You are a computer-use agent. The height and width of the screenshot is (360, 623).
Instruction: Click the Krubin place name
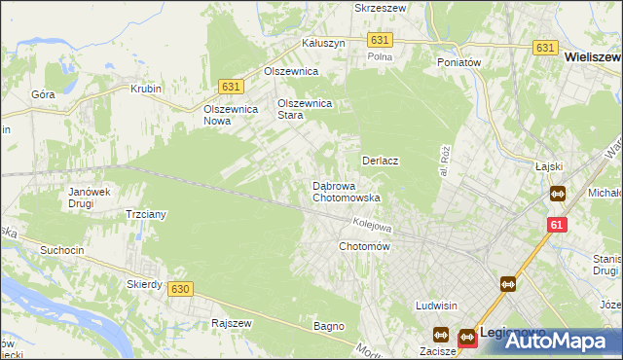point(145,89)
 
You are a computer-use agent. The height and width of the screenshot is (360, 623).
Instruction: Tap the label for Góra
point(43,94)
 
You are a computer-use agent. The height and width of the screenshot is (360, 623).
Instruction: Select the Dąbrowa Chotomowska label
point(345,192)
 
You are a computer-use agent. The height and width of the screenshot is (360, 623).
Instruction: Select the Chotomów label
point(364,247)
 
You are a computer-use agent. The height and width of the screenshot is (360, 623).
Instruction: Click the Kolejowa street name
point(372,226)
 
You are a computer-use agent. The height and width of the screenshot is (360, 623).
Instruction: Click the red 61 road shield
point(556,225)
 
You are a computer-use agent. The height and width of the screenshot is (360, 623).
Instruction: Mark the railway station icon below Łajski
point(557,194)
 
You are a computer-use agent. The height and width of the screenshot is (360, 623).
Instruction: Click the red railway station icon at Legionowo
point(465,337)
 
